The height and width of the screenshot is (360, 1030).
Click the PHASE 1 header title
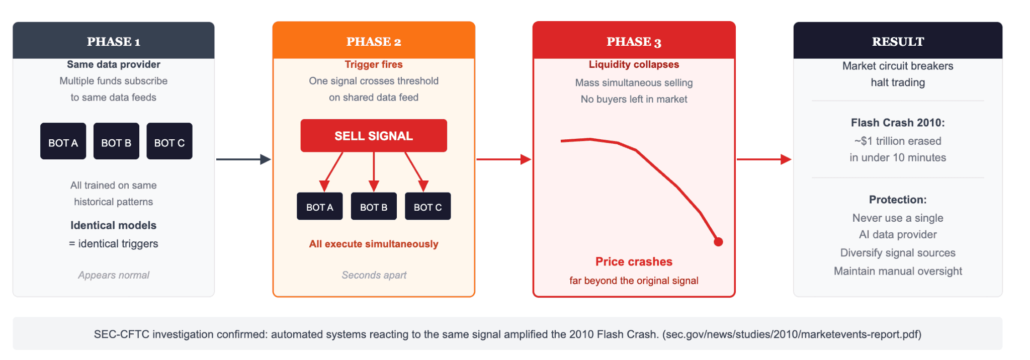[114, 42]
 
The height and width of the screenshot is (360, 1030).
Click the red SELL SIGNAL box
[374, 136]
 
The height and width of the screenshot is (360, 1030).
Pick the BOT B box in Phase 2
[374, 207]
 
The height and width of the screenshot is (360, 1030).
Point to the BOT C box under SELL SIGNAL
[427, 207]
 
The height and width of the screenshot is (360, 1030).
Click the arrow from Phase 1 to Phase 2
[243, 159]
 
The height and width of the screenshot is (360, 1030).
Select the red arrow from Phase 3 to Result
[763, 159]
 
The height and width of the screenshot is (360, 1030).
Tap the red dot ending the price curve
[719, 242]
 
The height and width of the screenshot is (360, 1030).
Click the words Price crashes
[634, 261]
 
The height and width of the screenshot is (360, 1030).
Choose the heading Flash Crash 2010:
[898, 123]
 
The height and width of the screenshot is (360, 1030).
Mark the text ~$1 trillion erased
[898, 141]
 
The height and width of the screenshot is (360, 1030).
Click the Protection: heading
[898, 200]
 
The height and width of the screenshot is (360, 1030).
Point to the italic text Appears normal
[114, 275]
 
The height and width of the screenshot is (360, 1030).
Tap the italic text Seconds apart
[374, 275]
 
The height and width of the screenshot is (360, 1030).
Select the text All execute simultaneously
[374, 244]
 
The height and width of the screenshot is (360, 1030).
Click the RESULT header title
[898, 42]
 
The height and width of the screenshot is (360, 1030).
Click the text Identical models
[114, 225]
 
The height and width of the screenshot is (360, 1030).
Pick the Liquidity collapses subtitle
[634, 64]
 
